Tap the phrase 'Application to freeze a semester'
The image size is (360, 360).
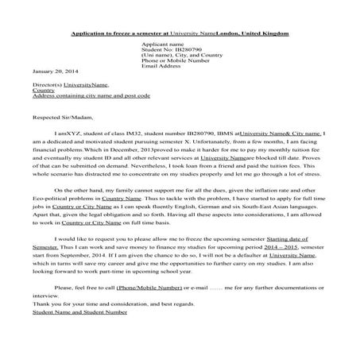pos(115,34)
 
